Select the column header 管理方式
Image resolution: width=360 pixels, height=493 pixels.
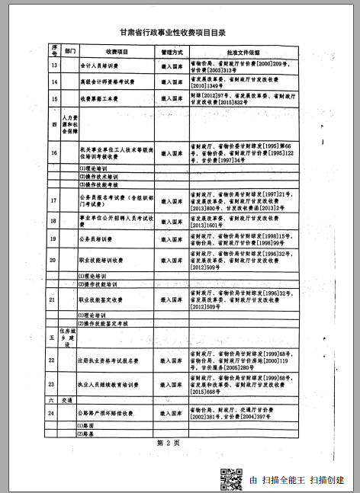tap(172, 51)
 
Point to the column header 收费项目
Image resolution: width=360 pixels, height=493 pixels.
tap(115, 51)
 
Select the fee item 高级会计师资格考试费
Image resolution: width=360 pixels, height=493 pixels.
tap(108, 81)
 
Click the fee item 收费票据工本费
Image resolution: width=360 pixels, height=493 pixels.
tap(100, 98)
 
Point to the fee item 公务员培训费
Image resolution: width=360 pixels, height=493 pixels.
tap(97, 239)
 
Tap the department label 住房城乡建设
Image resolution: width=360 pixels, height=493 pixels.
tap(69, 338)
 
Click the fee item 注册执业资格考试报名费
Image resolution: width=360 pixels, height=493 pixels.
tap(111, 360)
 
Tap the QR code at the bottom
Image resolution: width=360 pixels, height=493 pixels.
tap(230, 477)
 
